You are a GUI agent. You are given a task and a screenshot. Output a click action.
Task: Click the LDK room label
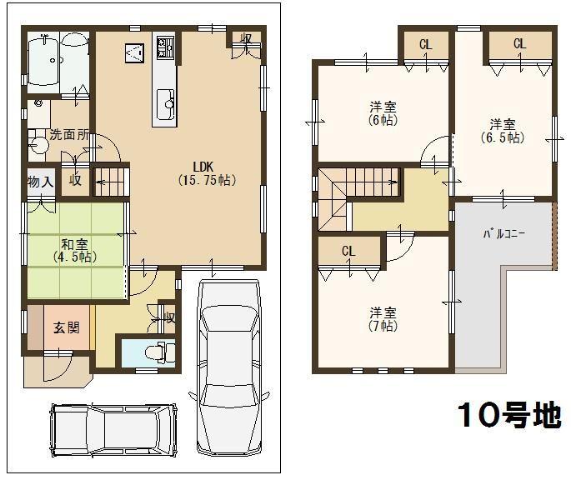pyautogui.click(x=205, y=164)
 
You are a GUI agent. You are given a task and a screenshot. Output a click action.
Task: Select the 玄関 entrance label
pyautogui.click(x=67, y=327)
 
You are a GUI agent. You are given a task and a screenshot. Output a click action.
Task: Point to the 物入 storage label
pyautogui.click(x=40, y=181)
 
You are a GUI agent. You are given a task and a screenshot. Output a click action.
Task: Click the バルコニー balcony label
pyautogui.click(x=503, y=234)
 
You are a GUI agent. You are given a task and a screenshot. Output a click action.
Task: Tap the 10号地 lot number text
pyautogui.click(x=508, y=415)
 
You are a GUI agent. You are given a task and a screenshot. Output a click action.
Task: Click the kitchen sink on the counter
pyautogui.click(x=164, y=103)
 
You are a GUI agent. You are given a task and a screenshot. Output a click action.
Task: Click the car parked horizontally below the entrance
pyautogui.click(x=113, y=430)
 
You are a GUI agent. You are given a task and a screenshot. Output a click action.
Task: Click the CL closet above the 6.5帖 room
pyautogui.click(x=519, y=44)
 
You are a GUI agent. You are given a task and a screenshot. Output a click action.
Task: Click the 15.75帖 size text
pyautogui.click(x=205, y=179)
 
